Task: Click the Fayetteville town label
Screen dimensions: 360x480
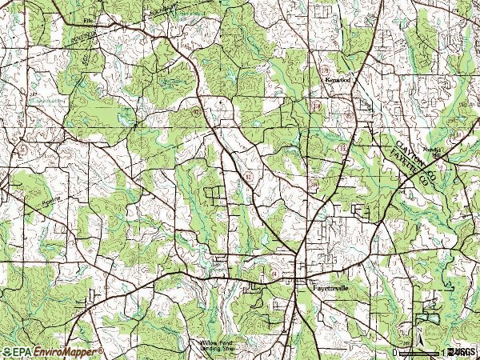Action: coord(328,284)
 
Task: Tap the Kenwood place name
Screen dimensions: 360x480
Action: coord(338,81)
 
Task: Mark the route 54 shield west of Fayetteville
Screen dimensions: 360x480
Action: coord(274,274)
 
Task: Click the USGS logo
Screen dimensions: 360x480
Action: coord(462,352)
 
